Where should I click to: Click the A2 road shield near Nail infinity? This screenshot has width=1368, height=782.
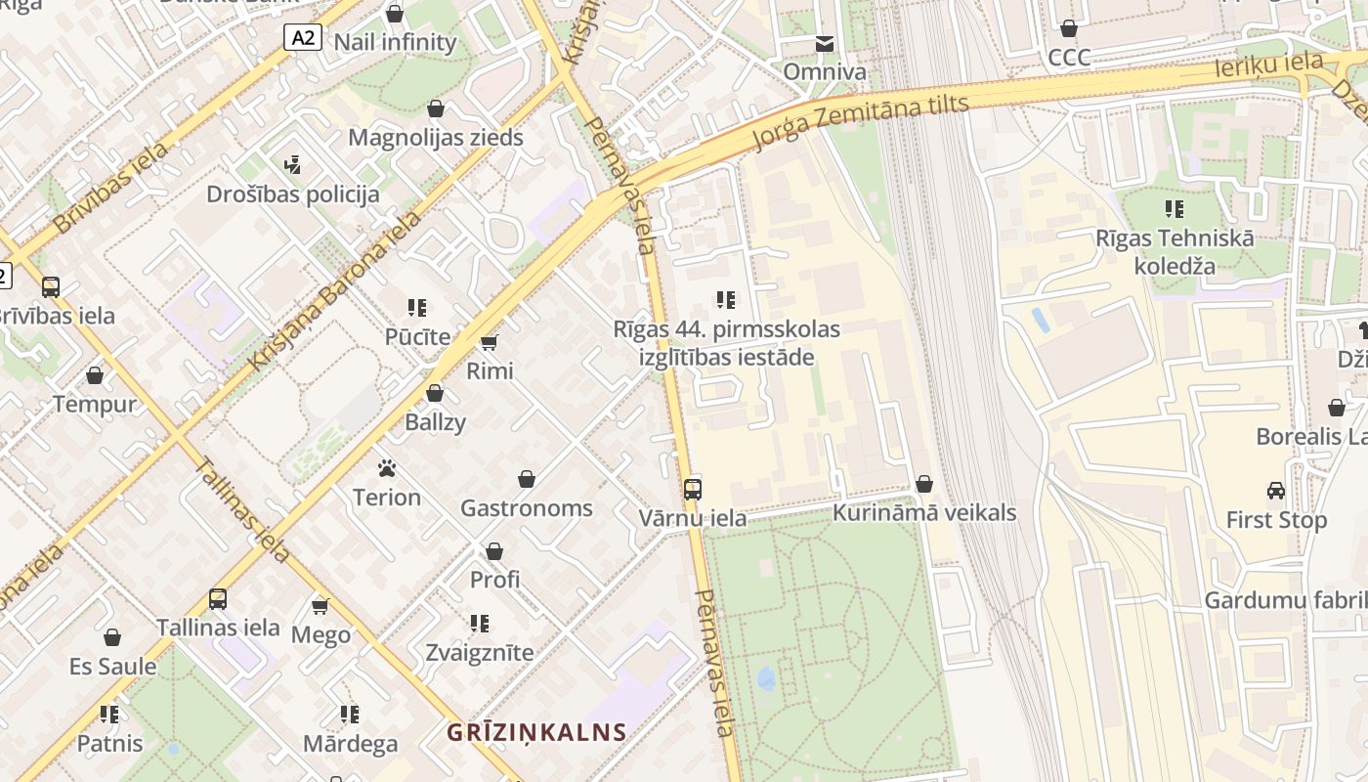[x=303, y=37]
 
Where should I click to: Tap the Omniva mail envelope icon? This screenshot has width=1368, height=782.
[x=825, y=44]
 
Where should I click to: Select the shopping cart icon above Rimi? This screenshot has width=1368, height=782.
[x=490, y=342]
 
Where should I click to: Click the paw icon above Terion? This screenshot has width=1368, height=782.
[x=386, y=468]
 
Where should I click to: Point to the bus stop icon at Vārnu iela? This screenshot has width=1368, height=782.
[x=693, y=489]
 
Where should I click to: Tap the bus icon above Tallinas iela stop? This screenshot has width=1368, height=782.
[x=218, y=599]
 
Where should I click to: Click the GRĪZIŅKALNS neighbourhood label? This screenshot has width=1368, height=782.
[x=536, y=731]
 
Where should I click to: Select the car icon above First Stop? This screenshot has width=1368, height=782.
[x=1276, y=491]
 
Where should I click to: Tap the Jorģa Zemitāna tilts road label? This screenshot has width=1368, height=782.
[x=860, y=122]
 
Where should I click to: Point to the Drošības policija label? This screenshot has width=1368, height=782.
[x=292, y=194]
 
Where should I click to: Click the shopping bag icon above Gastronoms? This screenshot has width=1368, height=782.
[x=527, y=479]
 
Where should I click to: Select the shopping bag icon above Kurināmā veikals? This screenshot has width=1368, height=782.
[x=923, y=484]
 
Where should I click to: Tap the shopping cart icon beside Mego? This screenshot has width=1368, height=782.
[x=320, y=606]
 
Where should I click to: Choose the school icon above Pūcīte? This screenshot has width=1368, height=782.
[x=417, y=308]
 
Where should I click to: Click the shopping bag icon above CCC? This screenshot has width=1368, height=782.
[x=1069, y=28]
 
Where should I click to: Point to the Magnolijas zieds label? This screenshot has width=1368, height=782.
[x=436, y=137]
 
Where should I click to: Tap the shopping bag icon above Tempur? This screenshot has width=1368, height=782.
[x=95, y=375]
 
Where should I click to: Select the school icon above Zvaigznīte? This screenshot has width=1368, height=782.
[x=479, y=623]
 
